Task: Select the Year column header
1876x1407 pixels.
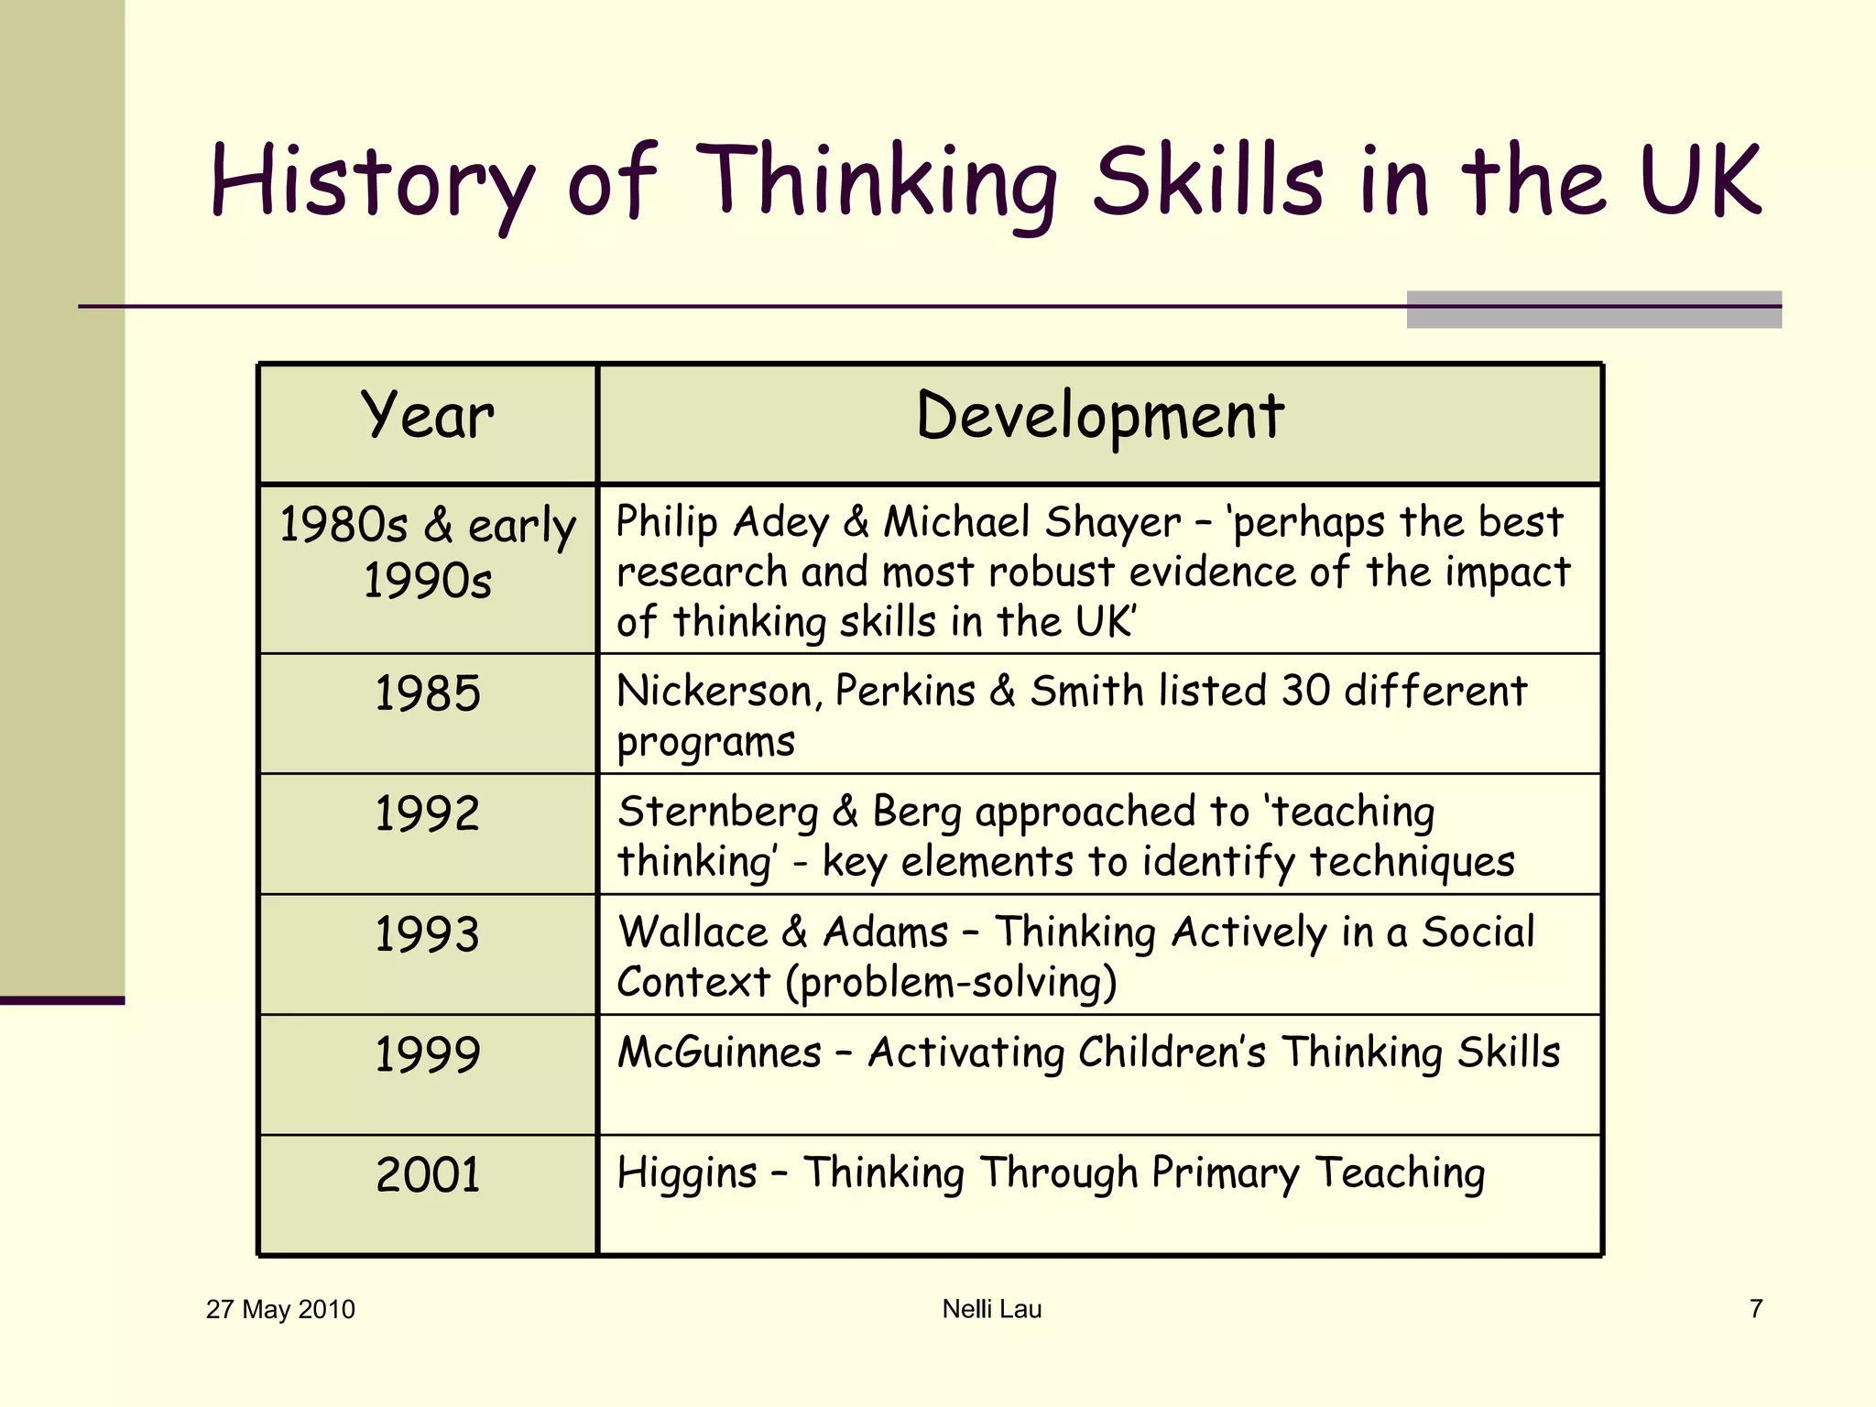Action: (x=428, y=417)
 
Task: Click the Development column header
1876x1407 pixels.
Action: (x=1099, y=417)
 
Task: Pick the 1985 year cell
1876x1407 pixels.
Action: (x=428, y=693)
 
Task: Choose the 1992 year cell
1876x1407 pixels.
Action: (x=428, y=813)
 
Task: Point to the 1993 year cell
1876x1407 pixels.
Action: (x=428, y=934)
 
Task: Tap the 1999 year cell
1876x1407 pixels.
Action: (x=428, y=1054)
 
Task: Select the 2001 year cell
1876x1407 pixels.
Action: (x=428, y=1175)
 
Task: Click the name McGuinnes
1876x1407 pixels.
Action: (x=720, y=1053)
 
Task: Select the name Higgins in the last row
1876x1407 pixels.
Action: (x=687, y=1174)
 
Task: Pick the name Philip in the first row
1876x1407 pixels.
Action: (x=667, y=523)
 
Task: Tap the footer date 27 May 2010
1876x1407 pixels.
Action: (x=280, y=1309)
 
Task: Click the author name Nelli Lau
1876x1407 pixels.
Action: (x=992, y=1309)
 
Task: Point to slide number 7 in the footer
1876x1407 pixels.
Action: (x=1756, y=1309)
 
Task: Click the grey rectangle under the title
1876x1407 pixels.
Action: (x=1594, y=310)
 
